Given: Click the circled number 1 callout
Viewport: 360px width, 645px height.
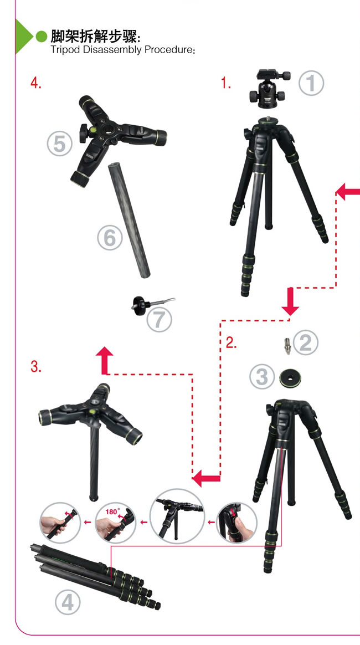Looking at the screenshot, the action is coord(311,83).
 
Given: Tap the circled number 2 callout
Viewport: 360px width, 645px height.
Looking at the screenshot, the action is coord(306,342).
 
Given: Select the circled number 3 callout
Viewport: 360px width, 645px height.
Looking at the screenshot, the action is coord(262,377).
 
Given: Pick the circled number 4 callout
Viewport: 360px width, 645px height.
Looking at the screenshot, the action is coord(68,603).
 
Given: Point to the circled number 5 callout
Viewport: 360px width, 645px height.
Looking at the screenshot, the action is coord(60,144).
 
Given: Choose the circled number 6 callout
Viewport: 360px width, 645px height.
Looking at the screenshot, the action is coord(110,238).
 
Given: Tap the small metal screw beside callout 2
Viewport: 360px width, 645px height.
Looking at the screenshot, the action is coord(287,346).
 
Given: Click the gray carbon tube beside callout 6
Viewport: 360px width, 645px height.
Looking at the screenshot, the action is coord(129,220).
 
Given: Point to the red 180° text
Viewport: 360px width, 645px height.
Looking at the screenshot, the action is coord(112,512).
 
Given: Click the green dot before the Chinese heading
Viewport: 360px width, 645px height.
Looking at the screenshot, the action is coord(42,37).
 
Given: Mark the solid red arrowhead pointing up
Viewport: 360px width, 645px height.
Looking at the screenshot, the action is coord(105,359).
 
